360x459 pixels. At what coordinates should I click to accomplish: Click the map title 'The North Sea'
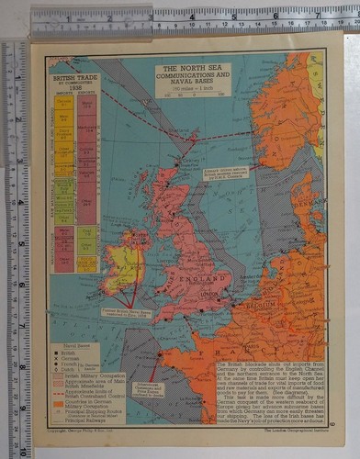click(x=192, y=69)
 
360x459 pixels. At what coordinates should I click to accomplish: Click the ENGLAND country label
click(x=207, y=274)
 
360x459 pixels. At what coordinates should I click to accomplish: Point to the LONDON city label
click(x=213, y=294)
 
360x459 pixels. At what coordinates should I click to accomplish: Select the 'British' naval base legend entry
click(x=71, y=350)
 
